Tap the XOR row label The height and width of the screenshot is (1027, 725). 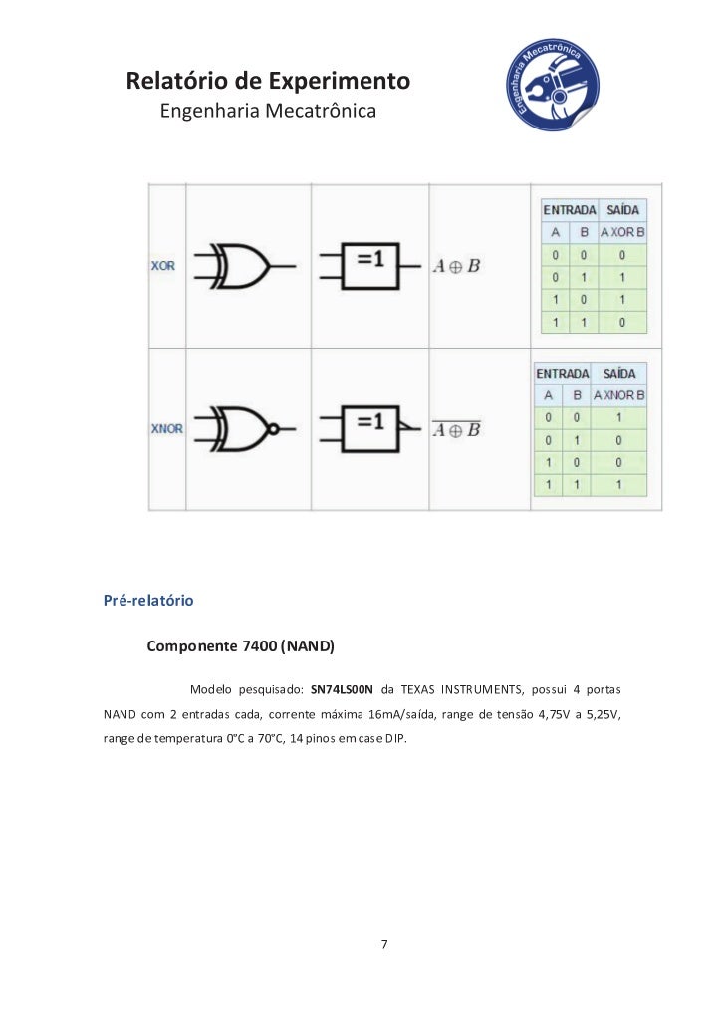[162, 266]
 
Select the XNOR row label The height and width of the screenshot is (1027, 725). [166, 429]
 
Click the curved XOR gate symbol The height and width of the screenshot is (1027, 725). [243, 266]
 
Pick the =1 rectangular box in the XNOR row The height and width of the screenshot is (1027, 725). [369, 426]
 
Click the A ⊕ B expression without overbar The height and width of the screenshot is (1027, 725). [457, 266]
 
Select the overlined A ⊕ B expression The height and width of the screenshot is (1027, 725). [457, 429]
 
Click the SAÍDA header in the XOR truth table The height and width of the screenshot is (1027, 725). [623, 210]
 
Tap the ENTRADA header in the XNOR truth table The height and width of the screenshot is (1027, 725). [563, 373]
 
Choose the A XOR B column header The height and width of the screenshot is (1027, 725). [622, 232]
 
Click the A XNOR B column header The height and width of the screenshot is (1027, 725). [619, 395]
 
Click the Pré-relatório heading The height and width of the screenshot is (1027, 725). [148, 602]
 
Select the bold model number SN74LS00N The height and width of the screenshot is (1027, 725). [342, 689]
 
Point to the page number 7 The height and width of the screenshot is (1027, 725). [385, 944]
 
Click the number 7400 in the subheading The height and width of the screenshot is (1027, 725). [259, 647]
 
